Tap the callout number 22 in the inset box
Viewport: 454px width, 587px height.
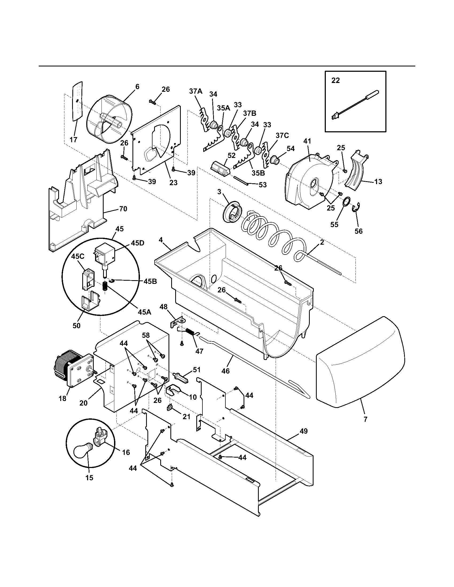coord(335,81)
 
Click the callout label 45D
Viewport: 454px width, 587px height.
coord(138,243)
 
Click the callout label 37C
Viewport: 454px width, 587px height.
coord(282,135)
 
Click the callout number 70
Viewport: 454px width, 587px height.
coord(123,209)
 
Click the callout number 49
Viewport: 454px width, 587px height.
coord(303,431)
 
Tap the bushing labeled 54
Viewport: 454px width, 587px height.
coord(275,160)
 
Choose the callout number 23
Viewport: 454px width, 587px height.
coord(174,183)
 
